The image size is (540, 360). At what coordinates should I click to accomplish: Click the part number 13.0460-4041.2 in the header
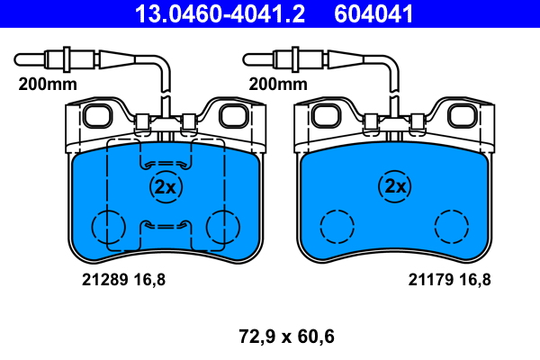pos(220,13)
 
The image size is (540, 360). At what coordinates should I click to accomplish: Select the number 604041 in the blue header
pos(373,13)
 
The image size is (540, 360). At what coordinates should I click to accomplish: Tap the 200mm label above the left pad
pos(48,84)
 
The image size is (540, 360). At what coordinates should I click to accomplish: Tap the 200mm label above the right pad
pos(278,84)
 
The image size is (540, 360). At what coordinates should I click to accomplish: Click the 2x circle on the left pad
pos(166,187)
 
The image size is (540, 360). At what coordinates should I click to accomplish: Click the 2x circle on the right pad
pos(395,186)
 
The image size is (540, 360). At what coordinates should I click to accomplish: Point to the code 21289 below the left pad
pos(105,279)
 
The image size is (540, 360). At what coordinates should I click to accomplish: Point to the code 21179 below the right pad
pos(431,279)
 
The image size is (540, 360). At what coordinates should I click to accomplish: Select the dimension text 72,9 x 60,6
pos(286,337)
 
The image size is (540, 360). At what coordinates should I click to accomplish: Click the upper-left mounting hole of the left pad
pos(98,116)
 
